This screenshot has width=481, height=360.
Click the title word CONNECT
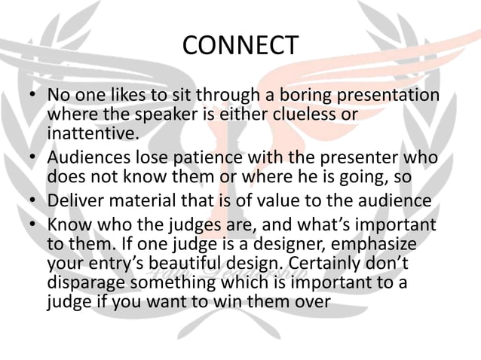240,47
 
